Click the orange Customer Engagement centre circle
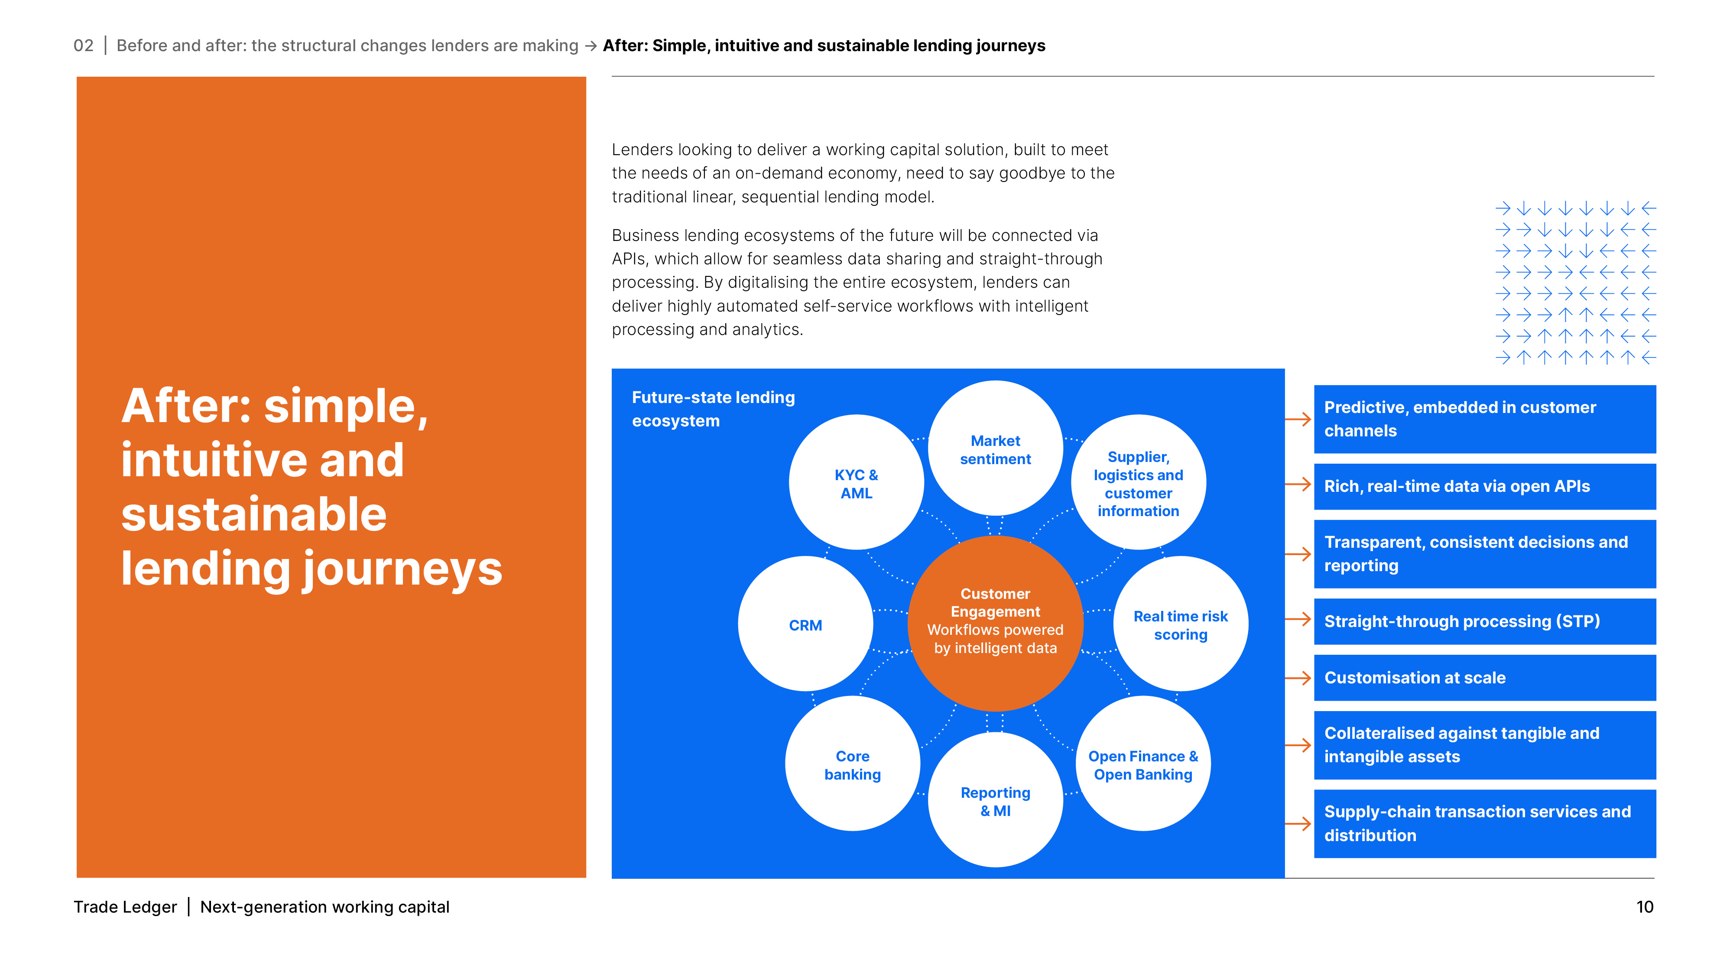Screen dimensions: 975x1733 click(995, 622)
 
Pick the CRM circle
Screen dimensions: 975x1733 click(805, 624)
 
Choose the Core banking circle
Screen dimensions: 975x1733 click(852, 764)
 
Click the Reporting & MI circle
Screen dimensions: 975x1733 click(995, 801)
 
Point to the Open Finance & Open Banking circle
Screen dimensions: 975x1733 click(1142, 764)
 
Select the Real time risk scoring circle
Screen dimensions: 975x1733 click(1180, 624)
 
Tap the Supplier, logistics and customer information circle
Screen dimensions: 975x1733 click(1138, 482)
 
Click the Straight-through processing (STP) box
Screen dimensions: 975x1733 click(1484, 621)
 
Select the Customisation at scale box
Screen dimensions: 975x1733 click(1484, 678)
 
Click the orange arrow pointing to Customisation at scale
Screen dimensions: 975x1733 click(1298, 678)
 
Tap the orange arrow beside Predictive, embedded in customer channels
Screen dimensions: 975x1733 click(1298, 419)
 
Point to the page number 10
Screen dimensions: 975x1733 click(1644, 907)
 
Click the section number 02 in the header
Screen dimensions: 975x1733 click(84, 46)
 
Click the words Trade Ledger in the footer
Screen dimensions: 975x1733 click(125, 907)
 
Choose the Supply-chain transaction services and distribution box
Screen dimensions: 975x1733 click(1484, 824)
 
